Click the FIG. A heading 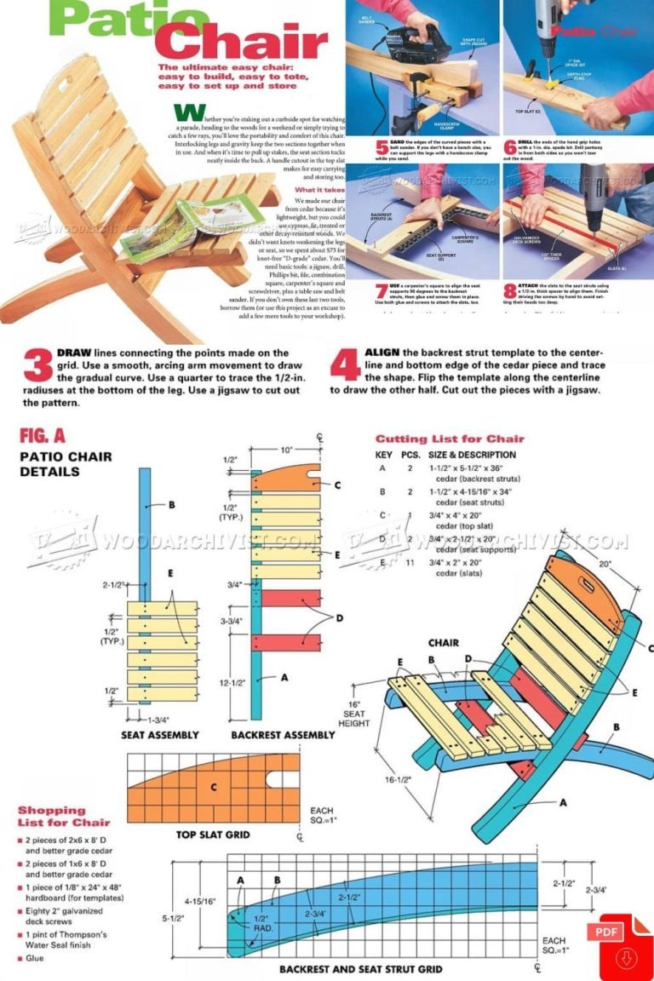pos(43,436)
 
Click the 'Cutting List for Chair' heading pos(450,439)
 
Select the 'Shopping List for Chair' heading pos(64,816)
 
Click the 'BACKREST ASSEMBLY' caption pos(283,734)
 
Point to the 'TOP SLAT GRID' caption pos(213,835)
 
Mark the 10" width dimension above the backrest pos(286,450)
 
